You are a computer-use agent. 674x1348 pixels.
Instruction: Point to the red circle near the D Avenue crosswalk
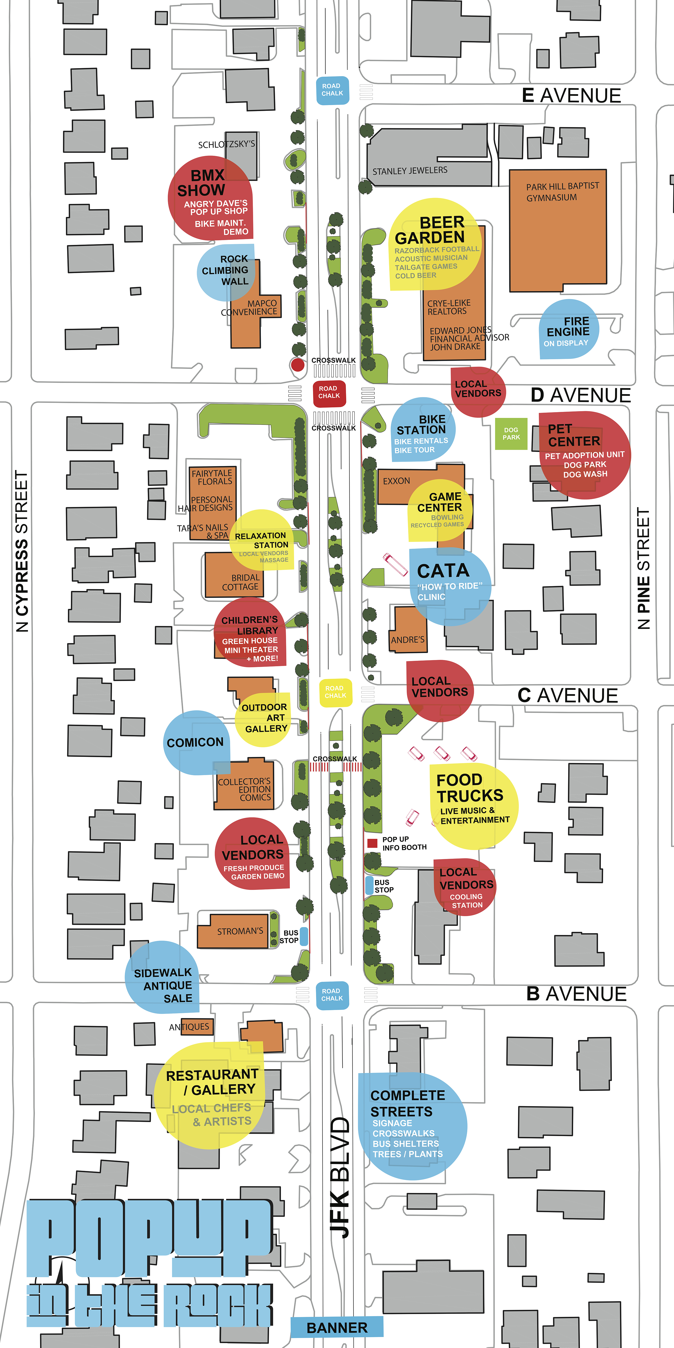298,365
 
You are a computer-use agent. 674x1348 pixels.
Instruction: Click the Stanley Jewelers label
410,170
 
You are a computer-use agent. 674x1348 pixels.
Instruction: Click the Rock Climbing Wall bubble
226,272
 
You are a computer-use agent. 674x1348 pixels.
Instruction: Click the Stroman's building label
240,931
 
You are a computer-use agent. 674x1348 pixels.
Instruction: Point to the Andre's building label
408,640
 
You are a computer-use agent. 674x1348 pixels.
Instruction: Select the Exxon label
396,480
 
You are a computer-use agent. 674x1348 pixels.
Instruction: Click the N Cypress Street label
21,551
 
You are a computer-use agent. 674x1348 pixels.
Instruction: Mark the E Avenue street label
571,95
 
